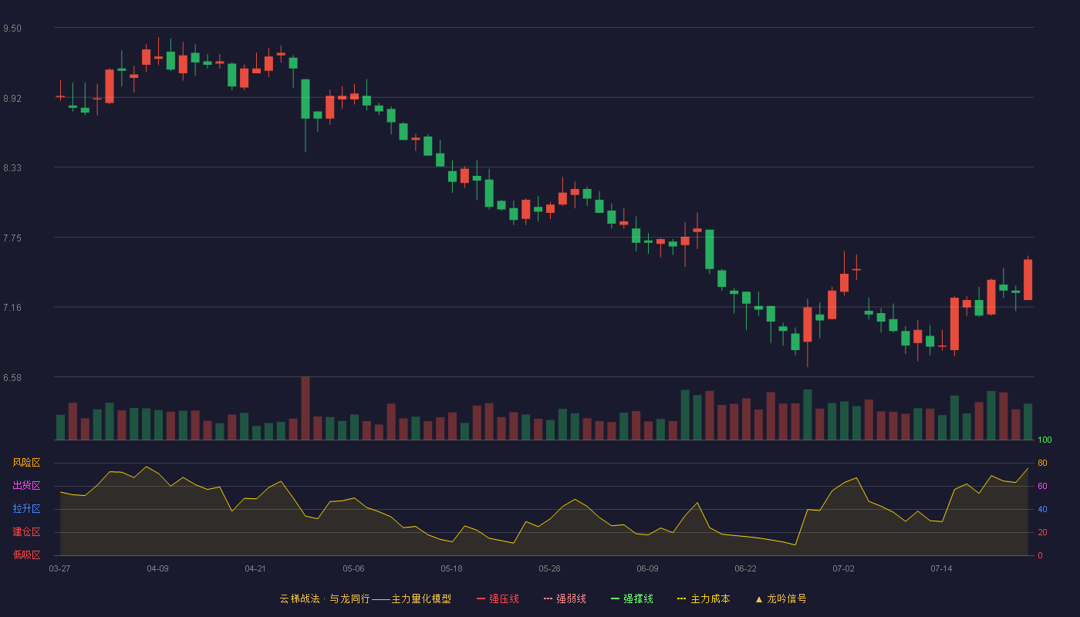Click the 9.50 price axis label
pos(12,29)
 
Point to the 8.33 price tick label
pos(12,168)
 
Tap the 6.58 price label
pos(12,377)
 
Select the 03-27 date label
pos(60,569)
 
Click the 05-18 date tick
pos(451,569)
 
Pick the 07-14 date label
pos(941,569)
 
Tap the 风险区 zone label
pos(26,463)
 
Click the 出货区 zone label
pos(26,485)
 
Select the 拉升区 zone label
pos(26,508)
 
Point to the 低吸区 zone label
pos(26,555)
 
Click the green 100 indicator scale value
pos(1045,440)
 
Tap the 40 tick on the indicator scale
pos(1042,509)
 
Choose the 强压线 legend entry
pos(498,598)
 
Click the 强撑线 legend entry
pos(632,598)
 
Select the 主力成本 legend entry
pos(704,598)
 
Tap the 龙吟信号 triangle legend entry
pos(781,598)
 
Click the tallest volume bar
pos(305,408)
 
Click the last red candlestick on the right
pos(1028,279)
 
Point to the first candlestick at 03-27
pos(60,96)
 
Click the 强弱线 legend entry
pos(565,598)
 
